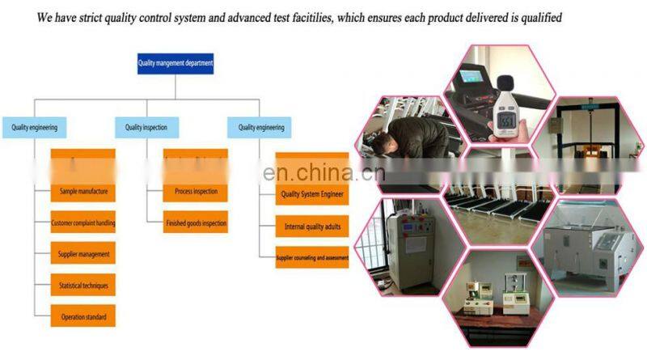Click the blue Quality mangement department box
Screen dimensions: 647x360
[x=175, y=63]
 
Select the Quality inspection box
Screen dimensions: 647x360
[x=146, y=127]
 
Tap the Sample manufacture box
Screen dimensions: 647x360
[x=83, y=193]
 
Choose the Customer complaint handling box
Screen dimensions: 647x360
[x=83, y=223]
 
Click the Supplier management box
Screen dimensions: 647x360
[x=83, y=254]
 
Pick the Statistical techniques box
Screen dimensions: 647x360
[x=83, y=286]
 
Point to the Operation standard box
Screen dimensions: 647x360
[x=83, y=316]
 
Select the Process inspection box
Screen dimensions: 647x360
[x=196, y=193]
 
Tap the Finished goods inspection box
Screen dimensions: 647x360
[x=196, y=223]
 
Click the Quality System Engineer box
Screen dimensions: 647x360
[x=312, y=194]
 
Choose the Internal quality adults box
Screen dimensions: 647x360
[x=312, y=227]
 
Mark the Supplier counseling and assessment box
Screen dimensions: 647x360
[x=312, y=258]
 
